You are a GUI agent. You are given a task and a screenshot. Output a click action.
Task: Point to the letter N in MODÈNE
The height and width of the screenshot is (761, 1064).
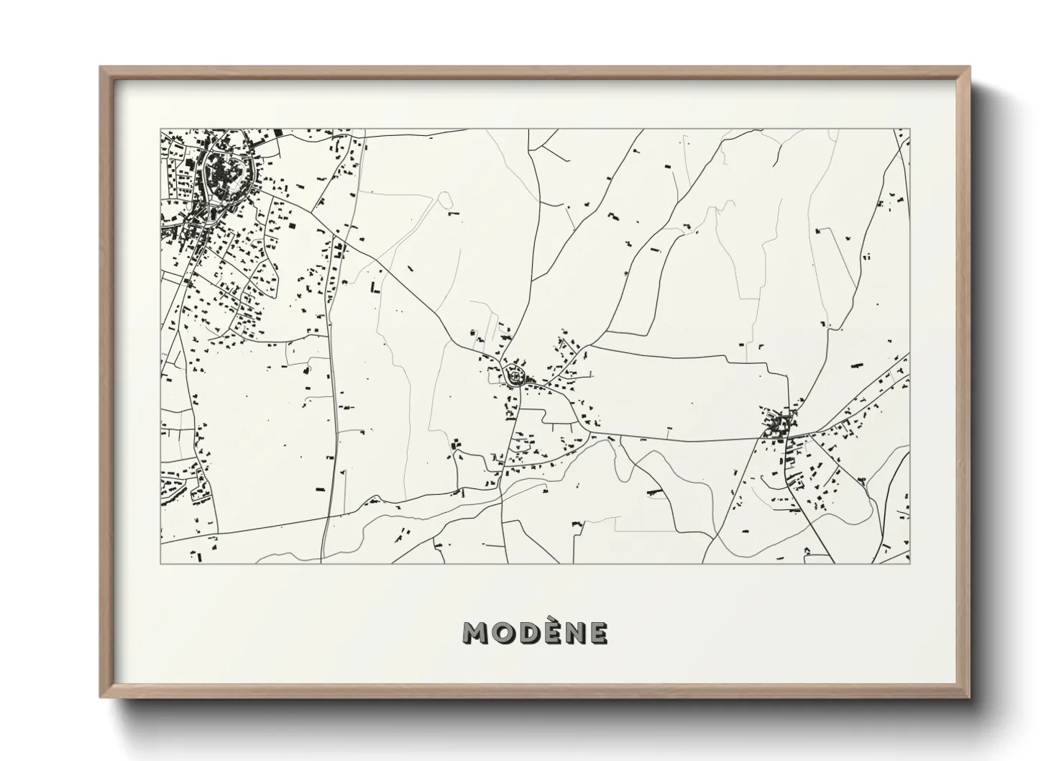click(574, 633)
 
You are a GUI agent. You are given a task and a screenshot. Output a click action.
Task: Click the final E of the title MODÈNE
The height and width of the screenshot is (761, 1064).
click(599, 633)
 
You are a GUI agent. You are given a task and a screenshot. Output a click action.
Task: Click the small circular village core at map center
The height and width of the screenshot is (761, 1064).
click(515, 375)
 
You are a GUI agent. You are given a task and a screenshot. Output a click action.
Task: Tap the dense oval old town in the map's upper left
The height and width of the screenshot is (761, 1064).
click(224, 173)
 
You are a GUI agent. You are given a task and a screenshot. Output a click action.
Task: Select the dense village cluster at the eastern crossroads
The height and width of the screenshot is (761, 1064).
click(779, 424)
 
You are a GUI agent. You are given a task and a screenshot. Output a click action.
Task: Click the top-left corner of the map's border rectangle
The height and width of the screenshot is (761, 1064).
click(160, 129)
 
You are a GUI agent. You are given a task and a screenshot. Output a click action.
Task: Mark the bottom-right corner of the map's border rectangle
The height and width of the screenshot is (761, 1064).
click(910, 563)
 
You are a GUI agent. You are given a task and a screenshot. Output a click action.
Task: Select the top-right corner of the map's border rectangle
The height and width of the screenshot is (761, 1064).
click(910, 129)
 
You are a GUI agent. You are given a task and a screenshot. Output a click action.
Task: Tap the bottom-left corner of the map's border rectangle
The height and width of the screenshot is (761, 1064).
click(160, 563)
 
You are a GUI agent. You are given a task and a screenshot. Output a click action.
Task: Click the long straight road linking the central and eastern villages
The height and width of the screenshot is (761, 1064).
click(683, 439)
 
